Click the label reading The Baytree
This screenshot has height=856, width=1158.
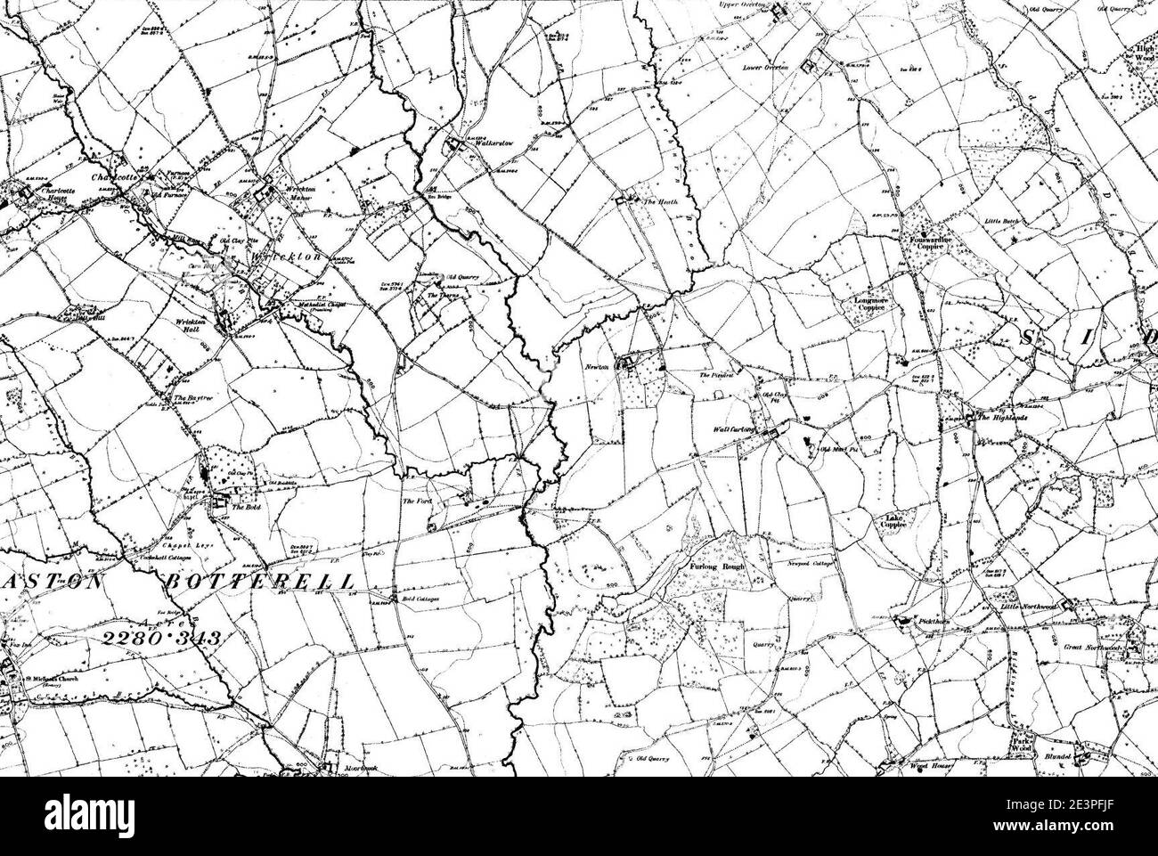(x=191, y=396)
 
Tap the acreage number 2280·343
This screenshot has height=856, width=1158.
(x=159, y=638)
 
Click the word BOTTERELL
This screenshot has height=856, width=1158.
(x=259, y=581)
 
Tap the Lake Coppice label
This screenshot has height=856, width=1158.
(x=895, y=522)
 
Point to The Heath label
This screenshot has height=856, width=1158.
(x=662, y=203)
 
